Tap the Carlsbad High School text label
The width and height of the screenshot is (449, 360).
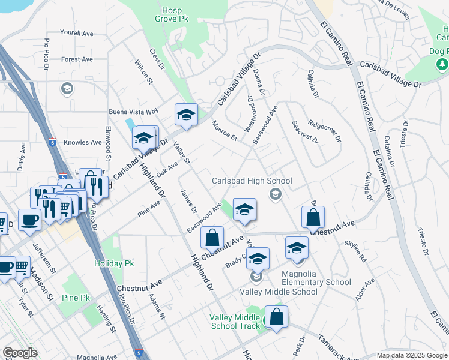click(252, 181)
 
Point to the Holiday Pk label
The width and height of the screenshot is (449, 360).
click(114, 263)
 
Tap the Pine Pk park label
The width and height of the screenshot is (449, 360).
click(76, 298)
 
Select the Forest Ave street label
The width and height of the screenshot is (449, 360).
click(77, 59)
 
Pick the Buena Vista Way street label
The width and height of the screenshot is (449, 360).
click(133, 112)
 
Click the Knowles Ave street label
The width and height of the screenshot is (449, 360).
click(83, 142)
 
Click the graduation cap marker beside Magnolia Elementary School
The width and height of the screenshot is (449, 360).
click(297, 247)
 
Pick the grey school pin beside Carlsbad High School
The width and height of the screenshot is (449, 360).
click(276, 193)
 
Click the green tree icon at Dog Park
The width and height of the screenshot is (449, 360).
click(442, 63)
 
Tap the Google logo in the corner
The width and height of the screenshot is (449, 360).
click(20, 353)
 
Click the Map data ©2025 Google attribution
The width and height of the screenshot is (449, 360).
click(411, 356)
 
